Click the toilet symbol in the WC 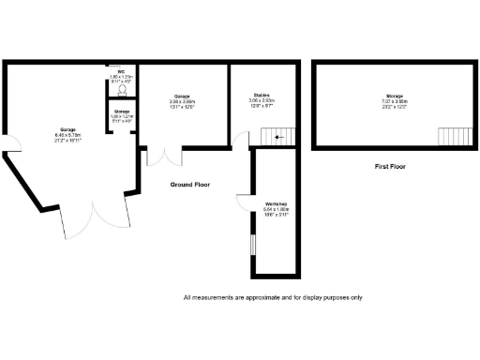coord(120,91)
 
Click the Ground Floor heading coord(190,185)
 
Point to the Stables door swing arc coord(241,141)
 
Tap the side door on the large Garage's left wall coord(11,146)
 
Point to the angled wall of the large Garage coord(34,187)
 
